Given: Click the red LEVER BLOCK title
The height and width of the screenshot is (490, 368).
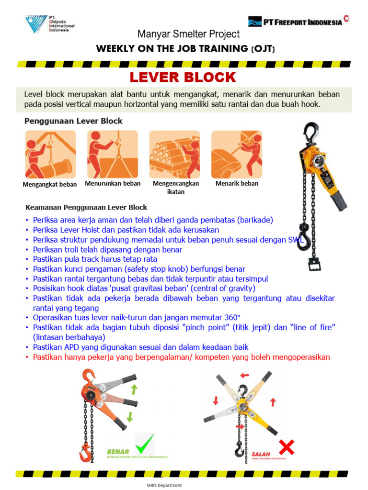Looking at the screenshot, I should [184, 77].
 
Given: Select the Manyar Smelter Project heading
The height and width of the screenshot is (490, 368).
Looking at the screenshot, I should [188, 34].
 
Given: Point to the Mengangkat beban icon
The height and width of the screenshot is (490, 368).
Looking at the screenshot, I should [50, 154].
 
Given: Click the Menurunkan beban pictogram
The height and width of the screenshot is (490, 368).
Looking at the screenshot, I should [112, 154].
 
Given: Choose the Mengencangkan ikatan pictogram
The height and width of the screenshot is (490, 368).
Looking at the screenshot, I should [174, 154].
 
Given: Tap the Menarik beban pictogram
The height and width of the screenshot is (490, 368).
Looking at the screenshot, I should [237, 154].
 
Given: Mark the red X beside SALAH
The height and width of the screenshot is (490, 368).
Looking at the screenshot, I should [286, 447].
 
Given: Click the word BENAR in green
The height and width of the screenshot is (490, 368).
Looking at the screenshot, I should [118, 451].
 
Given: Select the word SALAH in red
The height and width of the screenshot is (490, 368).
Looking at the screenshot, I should [261, 454].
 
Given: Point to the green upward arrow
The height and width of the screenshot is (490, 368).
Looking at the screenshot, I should [134, 389].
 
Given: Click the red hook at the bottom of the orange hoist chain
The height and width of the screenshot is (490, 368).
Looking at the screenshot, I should [86, 452].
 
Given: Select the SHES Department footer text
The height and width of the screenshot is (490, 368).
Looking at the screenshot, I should [164, 485].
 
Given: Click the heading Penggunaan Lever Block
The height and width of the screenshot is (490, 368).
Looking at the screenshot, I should [73, 121].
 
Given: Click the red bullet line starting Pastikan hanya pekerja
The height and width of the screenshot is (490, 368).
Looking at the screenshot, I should [181, 357].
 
